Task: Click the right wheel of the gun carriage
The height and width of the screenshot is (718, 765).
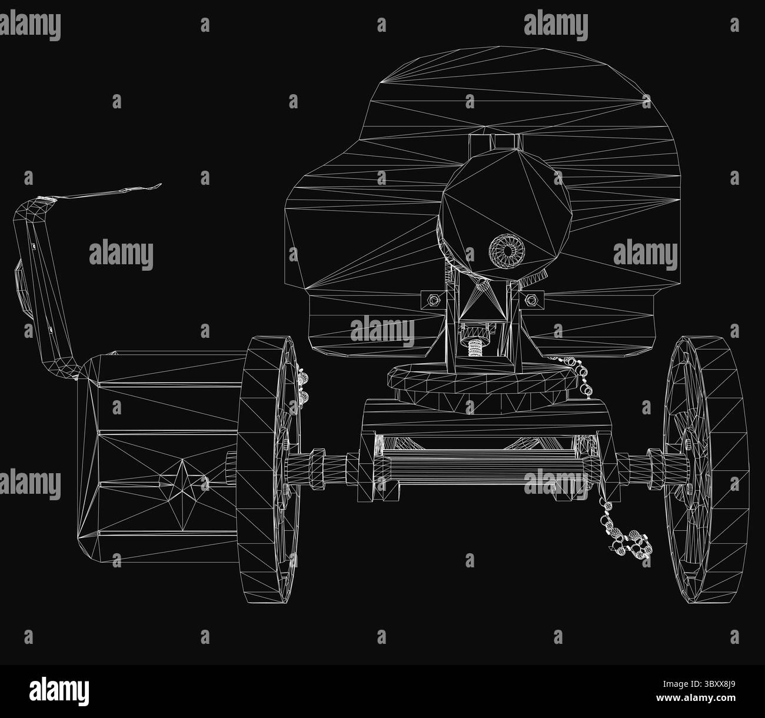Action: click(x=707, y=469)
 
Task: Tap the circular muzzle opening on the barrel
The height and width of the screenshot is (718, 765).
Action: click(x=507, y=251)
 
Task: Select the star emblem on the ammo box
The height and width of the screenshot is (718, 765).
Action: click(x=183, y=494)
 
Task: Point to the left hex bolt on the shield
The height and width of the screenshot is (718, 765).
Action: click(x=433, y=300)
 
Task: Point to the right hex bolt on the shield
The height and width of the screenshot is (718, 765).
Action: click(x=531, y=299)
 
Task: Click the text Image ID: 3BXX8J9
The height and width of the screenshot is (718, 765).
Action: click(x=699, y=684)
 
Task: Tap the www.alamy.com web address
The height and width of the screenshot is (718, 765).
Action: click(x=696, y=697)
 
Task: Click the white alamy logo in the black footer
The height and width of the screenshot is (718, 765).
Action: click(x=59, y=691)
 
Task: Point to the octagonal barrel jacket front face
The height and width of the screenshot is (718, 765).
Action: click(x=505, y=214)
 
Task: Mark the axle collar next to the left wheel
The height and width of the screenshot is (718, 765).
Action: click(x=317, y=468)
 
